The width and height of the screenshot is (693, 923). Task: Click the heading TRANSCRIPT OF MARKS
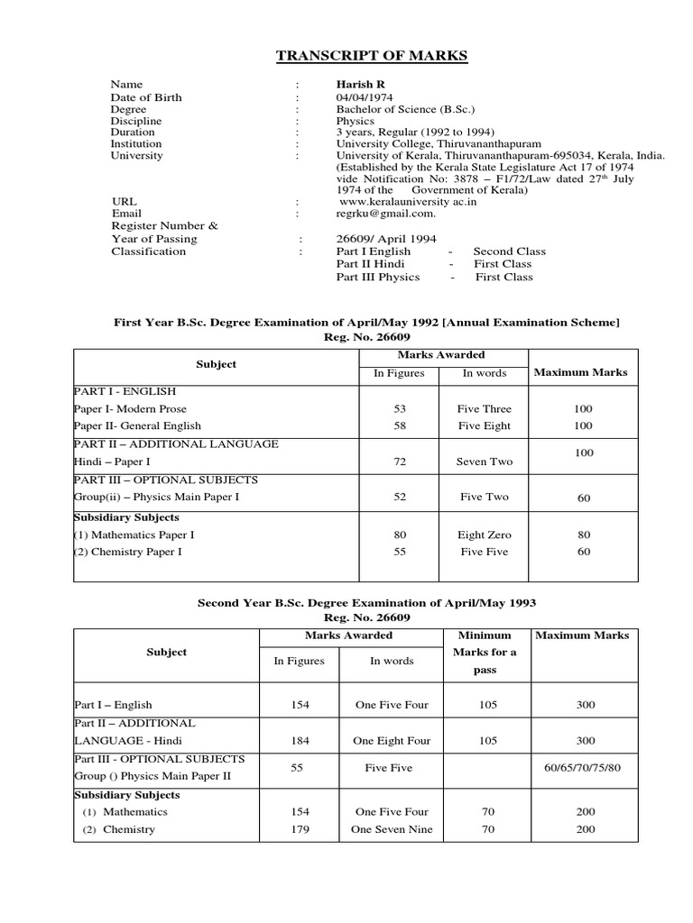click(x=371, y=56)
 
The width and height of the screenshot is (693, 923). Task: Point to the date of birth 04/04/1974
click(x=365, y=97)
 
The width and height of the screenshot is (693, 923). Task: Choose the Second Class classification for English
click(x=509, y=251)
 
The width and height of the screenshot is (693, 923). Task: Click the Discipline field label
click(x=136, y=121)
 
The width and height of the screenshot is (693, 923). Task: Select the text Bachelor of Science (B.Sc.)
click(x=402, y=109)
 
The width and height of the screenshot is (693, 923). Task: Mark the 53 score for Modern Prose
click(x=400, y=409)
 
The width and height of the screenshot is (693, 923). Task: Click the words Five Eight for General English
click(x=484, y=425)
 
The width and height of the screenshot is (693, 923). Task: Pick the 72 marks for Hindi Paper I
click(x=400, y=461)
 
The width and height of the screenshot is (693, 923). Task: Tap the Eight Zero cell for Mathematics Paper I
click(x=484, y=535)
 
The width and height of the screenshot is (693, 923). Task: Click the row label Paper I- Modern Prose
click(x=131, y=409)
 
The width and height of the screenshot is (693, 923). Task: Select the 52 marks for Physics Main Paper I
click(x=400, y=497)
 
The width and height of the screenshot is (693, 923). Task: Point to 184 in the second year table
click(x=300, y=741)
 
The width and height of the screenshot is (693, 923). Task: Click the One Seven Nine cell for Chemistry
click(x=392, y=829)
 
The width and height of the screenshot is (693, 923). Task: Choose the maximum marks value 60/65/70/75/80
click(x=585, y=767)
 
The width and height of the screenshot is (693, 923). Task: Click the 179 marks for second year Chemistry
click(x=300, y=829)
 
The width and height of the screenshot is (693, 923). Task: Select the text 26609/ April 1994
click(x=385, y=239)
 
